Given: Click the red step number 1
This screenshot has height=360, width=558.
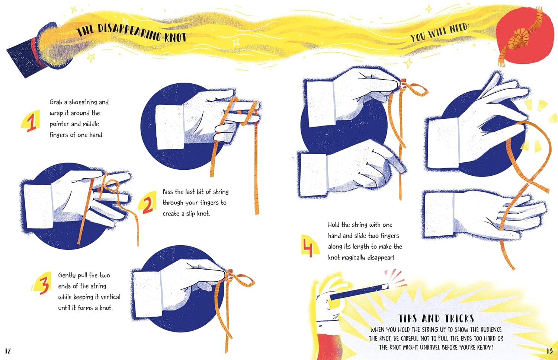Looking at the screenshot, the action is [32, 122].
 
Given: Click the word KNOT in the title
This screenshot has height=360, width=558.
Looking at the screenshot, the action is [175, 37].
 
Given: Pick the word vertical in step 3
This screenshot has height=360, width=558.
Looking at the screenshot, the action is [110, 297].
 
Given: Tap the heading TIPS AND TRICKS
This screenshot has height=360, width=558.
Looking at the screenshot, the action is [436, 319].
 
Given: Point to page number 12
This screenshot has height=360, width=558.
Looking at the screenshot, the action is [8, 351].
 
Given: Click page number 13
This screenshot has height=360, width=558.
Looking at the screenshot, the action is [549, 351].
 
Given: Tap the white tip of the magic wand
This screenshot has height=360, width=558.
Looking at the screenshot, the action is [385, 287].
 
